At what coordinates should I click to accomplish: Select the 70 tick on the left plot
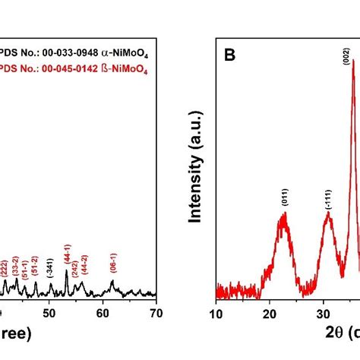click(156, 312)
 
